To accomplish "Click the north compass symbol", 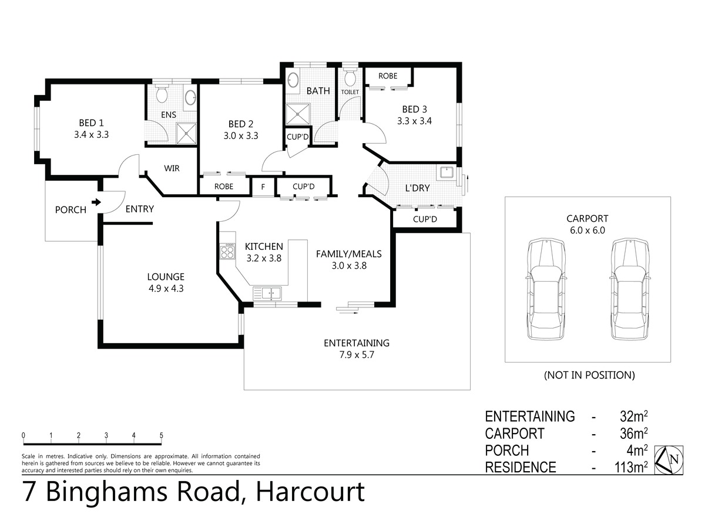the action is tap(669, 460).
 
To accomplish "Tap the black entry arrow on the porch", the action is tap(96, 202).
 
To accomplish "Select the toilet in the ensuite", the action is tap(161, 93).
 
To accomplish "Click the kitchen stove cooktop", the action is tap(227, 251).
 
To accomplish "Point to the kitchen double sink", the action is tap(267, 293).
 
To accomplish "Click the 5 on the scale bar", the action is tap(161, 435).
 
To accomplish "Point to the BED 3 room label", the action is tap(414, 109).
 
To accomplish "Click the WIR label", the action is tap(172, 168).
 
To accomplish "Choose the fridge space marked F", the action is tap(263, 187).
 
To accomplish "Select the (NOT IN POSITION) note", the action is tap(589, 375).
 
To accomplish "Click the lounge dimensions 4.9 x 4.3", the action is tap(166, 288).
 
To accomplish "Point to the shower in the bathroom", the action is tap(298, 114).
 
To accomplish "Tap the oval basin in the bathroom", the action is tap(292, 80).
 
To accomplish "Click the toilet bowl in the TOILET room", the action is tap(350, 77).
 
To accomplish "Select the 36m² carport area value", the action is tap(633, 433).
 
